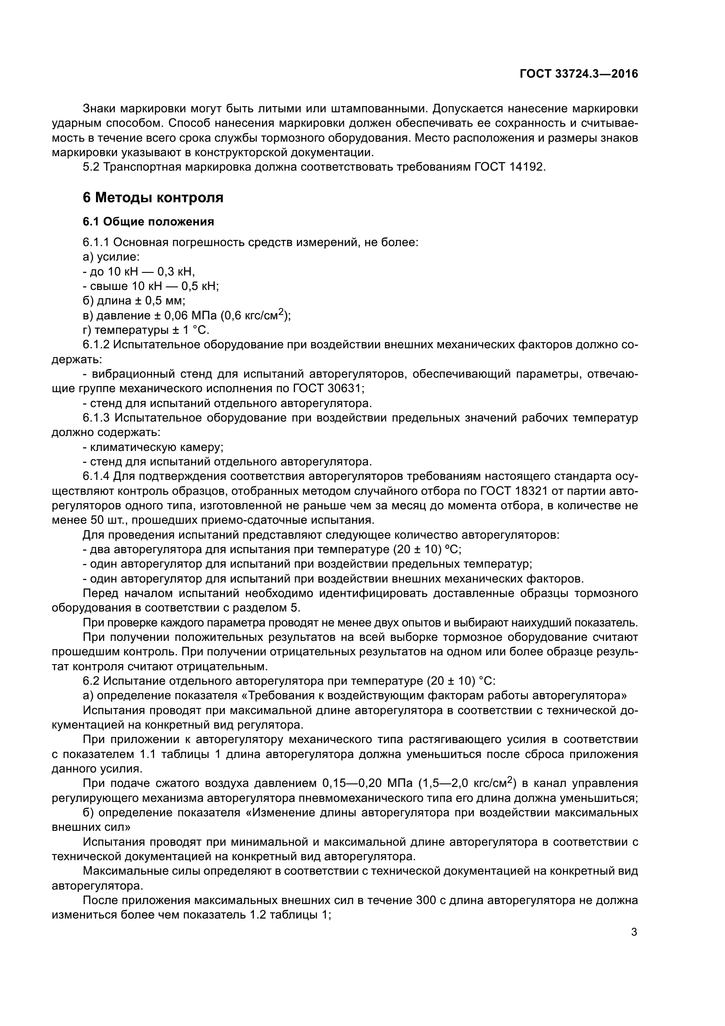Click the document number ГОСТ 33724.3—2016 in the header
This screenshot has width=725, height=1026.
(579, 74)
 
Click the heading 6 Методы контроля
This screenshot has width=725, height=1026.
(153, 197)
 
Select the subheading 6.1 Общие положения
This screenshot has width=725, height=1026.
(148, 222)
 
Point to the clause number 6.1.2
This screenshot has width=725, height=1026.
(96, 344)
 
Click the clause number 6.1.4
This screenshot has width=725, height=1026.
(96, 476)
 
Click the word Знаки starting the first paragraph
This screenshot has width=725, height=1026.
(100, 109)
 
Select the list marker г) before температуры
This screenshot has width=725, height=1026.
(87, 330)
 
